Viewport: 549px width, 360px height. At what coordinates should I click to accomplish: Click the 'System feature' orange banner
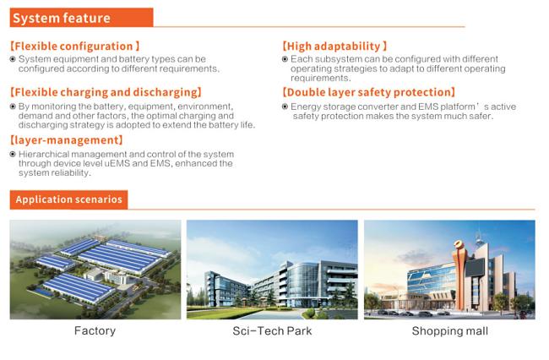coord(81,18)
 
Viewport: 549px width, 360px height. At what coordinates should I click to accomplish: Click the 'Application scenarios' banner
coord(68,199)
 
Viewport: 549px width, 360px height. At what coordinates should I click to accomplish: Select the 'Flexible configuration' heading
coord(74,46)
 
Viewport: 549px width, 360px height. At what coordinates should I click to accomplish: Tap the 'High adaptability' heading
coord(334,46)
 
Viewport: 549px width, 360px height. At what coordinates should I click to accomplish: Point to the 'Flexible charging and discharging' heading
coord(106,92)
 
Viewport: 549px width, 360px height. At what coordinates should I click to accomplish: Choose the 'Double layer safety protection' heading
coord(369,92)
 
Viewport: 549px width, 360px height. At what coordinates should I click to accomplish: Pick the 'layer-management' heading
coord(67,140)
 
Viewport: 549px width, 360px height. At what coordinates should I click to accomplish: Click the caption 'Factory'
coord(95,331)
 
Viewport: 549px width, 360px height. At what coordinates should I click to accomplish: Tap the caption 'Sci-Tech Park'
coord(272,331)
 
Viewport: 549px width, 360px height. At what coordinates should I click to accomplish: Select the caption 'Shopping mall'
coord(450,331)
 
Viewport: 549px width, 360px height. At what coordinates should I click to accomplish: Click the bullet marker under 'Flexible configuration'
coord(13,59)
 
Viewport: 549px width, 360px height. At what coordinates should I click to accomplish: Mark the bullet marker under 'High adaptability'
coord(285,59)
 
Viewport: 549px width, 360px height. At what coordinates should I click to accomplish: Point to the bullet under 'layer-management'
coord(13,154)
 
